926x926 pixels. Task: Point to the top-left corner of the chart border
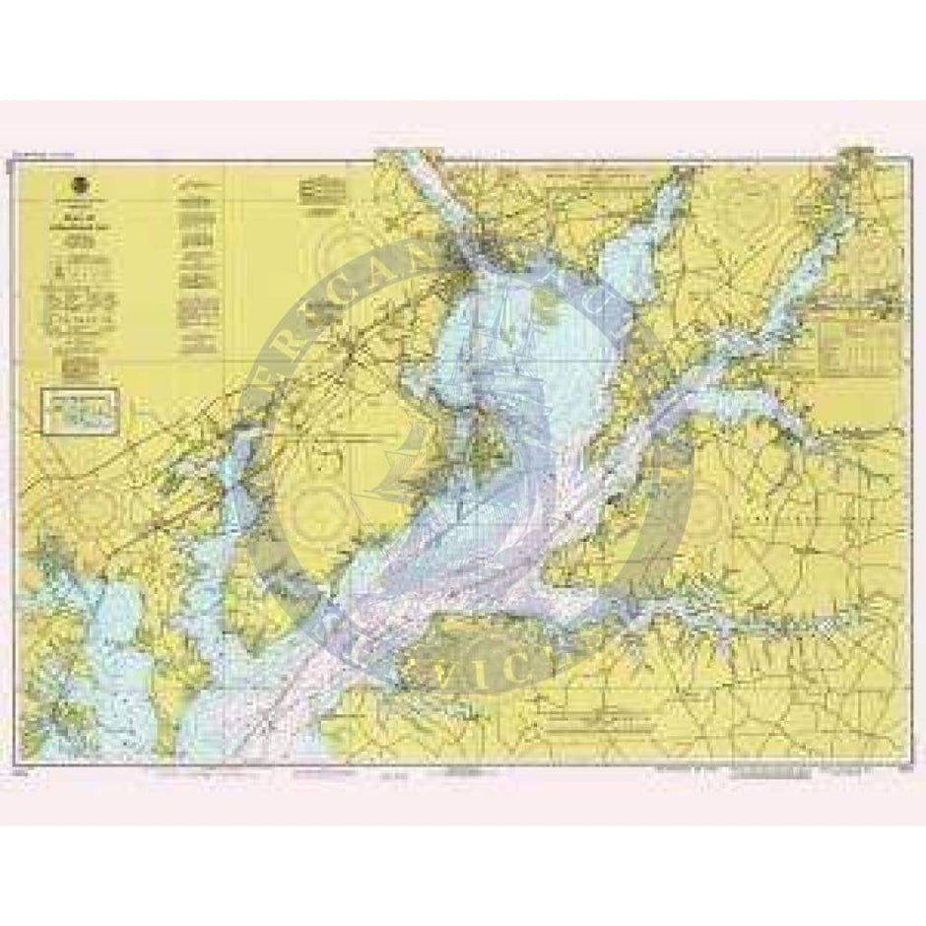[x=12, y=158]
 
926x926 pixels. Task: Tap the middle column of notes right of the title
[x=197, y=266]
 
